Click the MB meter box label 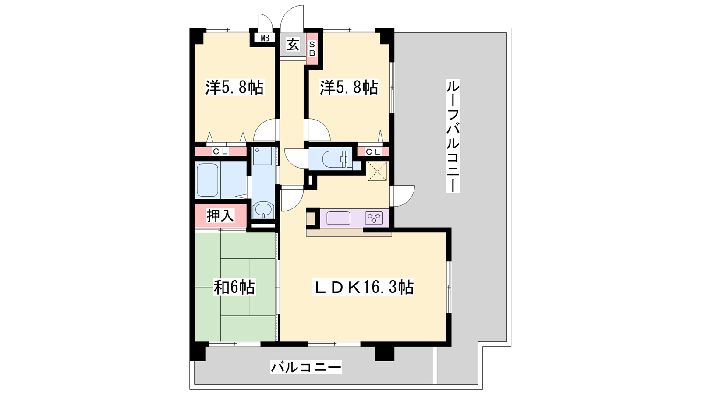(x=265, y=39)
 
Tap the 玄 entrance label (x=293, y=45)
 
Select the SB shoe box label (x=312, y=49)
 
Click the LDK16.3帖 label (x=363, y=287)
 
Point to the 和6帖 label (x=234, y=287)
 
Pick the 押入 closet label (x=220, y=215)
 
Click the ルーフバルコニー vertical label (x=453, y=136)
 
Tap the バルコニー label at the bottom (x=306, y=367)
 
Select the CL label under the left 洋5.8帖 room (x=220, y=151)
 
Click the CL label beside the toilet (x=373, y=151)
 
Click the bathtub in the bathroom (x=207, y=180)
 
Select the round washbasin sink (x=263, y=210)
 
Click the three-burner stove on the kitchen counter (x=374, y=218)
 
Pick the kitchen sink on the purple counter (x=338, y=218)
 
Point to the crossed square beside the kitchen (x=377, y=171)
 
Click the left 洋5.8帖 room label (x=234, y=87)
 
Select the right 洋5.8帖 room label (x=349, y=87)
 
